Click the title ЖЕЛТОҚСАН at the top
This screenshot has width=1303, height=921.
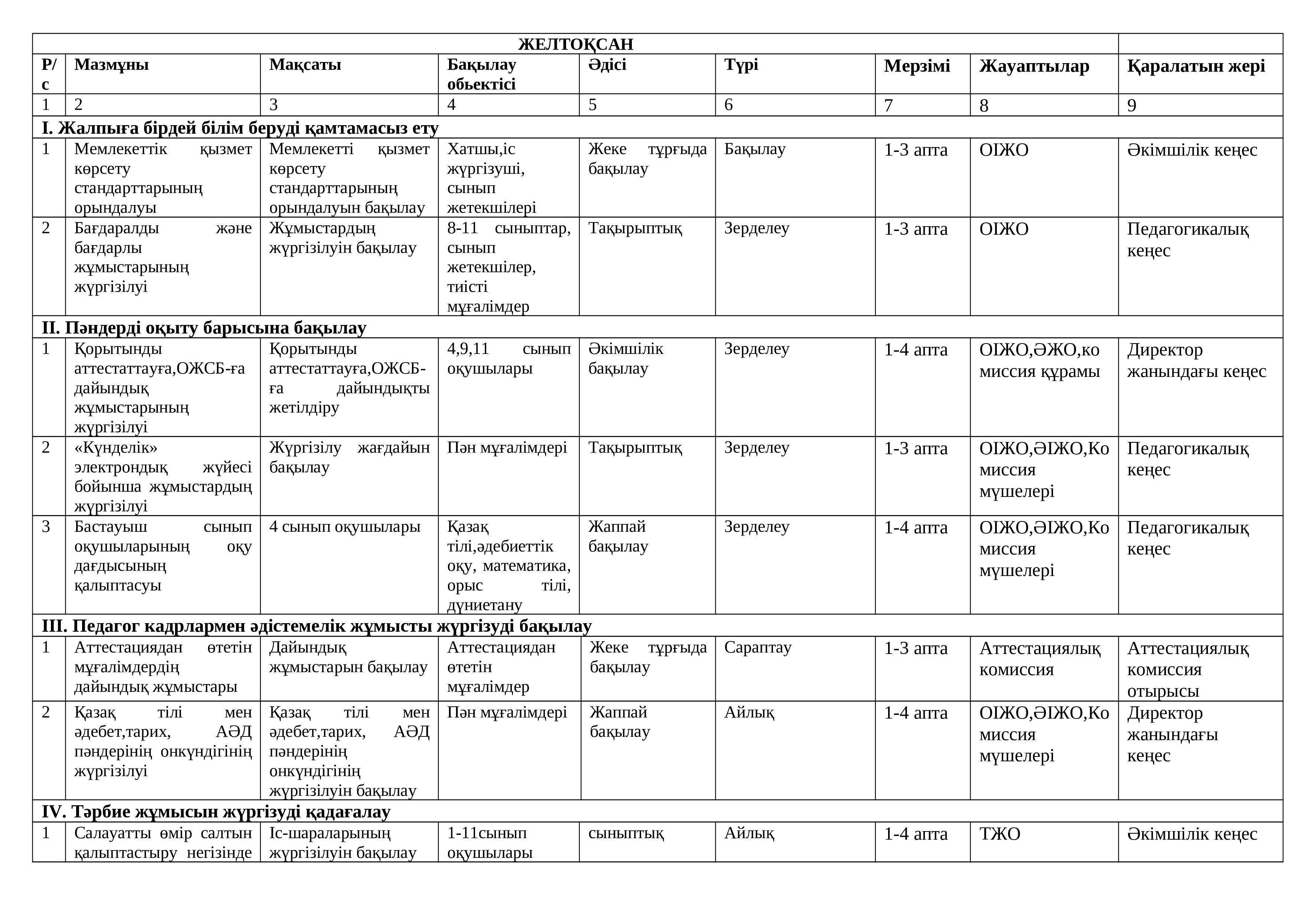pyautogui.click(x=575, y=44)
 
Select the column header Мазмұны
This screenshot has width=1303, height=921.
pyautogui.click(x=111, y=65)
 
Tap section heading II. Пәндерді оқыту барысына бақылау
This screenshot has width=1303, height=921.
pyautogui.click(x=204, y=328)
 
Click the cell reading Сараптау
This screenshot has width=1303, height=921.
pyautogui.click(x=758, y=647)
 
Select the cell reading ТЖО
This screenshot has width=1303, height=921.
pyautogui.click(x=1000, y=834)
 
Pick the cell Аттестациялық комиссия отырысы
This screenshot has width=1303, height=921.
pyautogui.click(x=1187, y=669)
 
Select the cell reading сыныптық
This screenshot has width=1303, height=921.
pyautogui.click(x=626, y=834)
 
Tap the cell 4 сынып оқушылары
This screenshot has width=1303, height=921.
pyautogui.click(x=344, y=527)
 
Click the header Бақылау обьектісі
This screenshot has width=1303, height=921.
pyautogui.click(x=481, y=74)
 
